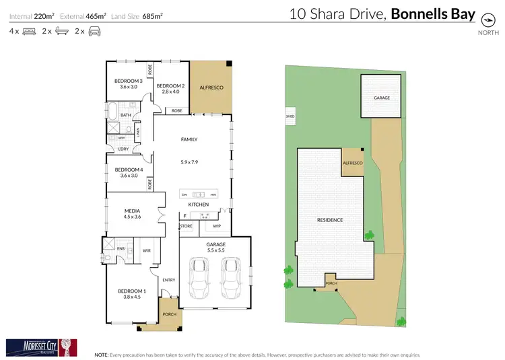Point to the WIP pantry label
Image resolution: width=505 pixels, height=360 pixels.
point(217,226)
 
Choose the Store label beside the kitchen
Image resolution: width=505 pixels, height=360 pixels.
point(187,226)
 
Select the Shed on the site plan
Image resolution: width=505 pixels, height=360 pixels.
point(290,116)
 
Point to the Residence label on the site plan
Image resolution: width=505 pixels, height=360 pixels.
point(330,220)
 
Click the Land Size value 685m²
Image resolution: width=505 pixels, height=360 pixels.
point(153,15)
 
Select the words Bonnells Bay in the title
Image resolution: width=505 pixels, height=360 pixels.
point(434,13)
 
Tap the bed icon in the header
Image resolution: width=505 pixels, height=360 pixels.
point(29,31)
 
